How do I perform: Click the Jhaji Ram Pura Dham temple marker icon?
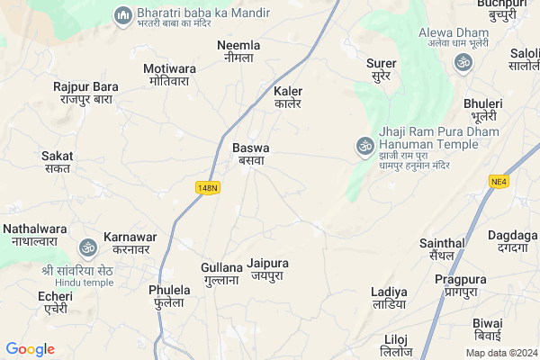coord(364,144)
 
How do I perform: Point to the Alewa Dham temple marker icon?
coord(463,62)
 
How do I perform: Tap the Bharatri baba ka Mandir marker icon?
coord(122,15)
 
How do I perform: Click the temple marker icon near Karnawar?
coord(88,247)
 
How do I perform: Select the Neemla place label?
coord(238,50)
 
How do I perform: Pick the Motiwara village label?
coord(169,74)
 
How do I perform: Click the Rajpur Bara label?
coord(85,93)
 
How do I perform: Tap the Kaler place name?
coord(288,97)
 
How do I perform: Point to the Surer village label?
coord(382,69)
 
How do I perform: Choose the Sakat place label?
coord(58,162)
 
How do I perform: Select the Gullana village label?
coord(221,274)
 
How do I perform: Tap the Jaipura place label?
coord(267,269)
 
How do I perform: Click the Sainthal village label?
coord(442,249)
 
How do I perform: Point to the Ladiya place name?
coord(389,298)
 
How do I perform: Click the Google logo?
coord(31,349)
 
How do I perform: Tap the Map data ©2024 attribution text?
coord(500,352)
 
